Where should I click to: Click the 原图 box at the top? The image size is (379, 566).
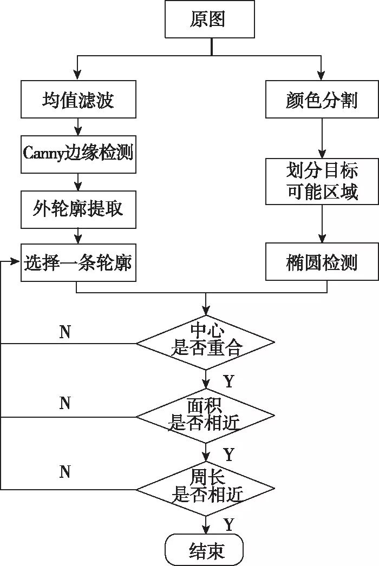(x=210, y=19)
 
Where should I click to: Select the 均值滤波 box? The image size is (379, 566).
(x=79, y=100)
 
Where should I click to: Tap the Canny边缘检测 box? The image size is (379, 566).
(x=79, y=154)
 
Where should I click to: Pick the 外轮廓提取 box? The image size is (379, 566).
(x=79, y=209)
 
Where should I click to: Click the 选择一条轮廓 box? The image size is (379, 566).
(x=79, y=264)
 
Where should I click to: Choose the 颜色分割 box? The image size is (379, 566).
(x=322, y=100)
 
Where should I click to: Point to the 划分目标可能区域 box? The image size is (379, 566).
(x=322, y=181)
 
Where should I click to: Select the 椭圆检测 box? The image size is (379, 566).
(x=322, y=264)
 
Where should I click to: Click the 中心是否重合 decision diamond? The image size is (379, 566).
(x=206, y=342)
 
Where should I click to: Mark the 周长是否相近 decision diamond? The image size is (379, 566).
(x=206, y=489)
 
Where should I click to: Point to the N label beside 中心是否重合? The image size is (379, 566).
(x=65, y=332)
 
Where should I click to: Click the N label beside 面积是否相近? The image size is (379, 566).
(x=65, y=403)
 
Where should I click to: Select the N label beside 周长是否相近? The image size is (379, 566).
(x=65, y=472)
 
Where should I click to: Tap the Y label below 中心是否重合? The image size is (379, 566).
(x=228, y=381)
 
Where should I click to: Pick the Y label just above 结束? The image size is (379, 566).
(x=228, y=524)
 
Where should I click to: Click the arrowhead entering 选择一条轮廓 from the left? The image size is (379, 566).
(x=16, y=261)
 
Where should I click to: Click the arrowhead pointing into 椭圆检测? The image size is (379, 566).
(x=322, y=239)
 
